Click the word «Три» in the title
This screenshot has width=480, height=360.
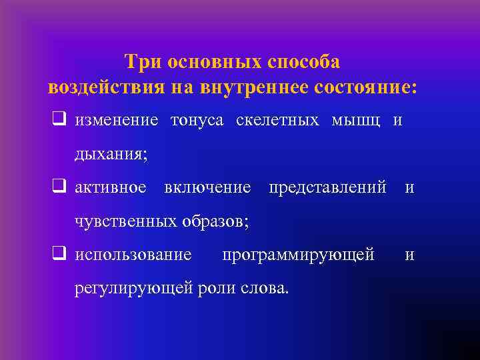144,62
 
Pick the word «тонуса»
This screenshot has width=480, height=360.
197,121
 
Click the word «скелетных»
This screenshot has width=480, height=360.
277,121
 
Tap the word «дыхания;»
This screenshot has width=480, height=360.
111,155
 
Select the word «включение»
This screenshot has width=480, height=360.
207,187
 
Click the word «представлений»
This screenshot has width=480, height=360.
327,187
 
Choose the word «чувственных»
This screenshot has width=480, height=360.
125,221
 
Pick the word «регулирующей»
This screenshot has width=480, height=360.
132,288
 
